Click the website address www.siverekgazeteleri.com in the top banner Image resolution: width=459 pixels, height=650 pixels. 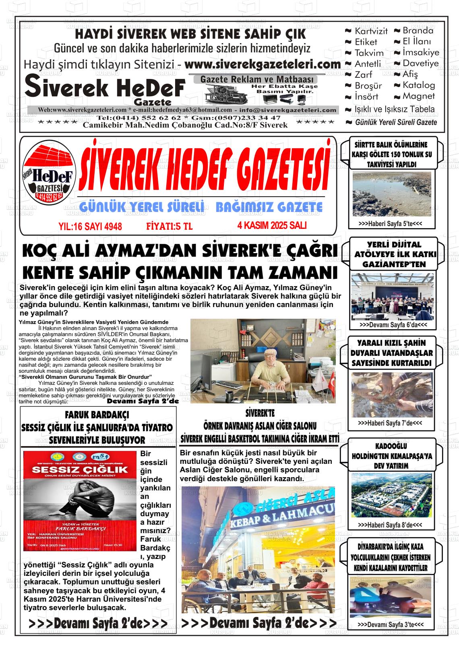[x=263, y=64]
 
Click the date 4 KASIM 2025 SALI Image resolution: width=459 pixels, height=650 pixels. [x=272, y=225]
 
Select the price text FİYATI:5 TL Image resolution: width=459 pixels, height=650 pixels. [x=169, y=226]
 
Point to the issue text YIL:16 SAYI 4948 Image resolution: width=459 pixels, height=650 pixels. [x=90, y=226]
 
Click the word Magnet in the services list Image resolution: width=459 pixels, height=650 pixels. [x=419, y=96]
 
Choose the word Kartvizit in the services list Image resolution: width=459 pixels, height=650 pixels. [x=371, y=31]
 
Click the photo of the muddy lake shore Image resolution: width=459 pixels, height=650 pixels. [x=392, y=194]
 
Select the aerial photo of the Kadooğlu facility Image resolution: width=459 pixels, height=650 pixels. [x=392, y=495]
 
